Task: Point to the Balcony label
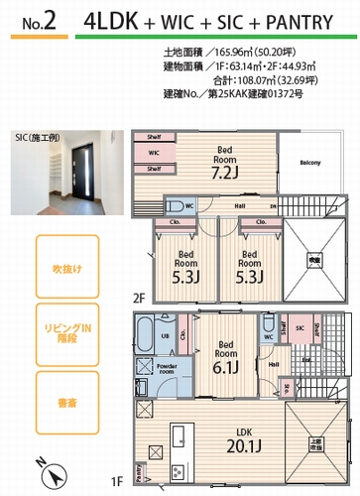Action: tap(310, 162)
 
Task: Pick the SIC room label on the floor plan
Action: tap(299, 324)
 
